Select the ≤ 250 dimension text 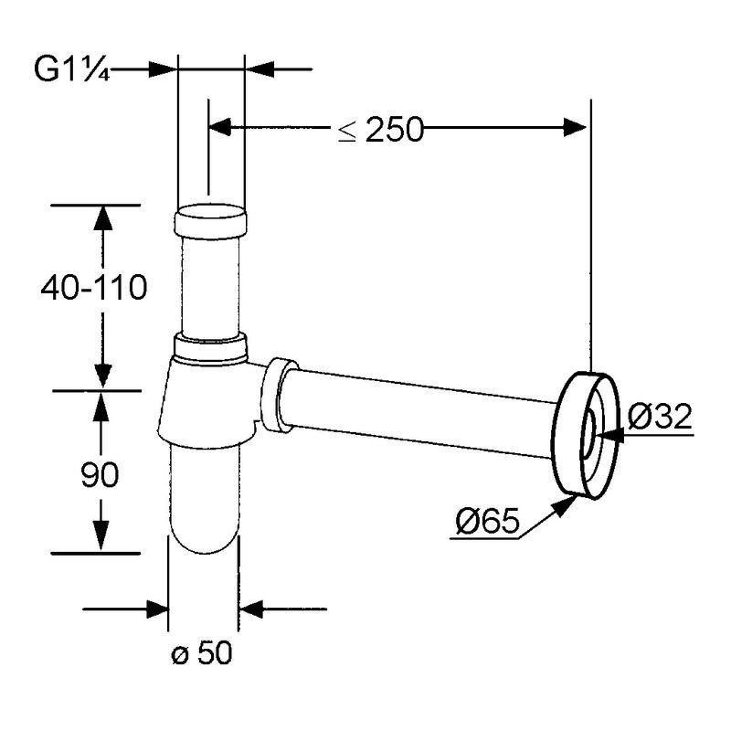381,131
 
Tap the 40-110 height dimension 93,289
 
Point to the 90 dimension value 100,473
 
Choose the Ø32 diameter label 661,417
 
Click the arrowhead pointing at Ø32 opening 610,436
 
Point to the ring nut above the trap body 209,346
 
